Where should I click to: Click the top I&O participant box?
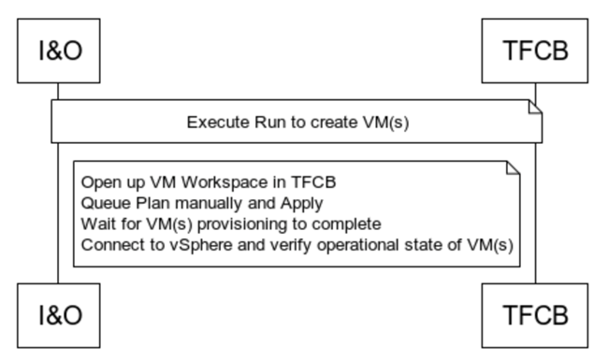(58, 51)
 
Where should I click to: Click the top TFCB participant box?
(536, 51)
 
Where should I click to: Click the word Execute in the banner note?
(214, 122)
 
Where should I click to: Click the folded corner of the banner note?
(535, 109)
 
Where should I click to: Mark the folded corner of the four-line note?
(512, 168)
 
